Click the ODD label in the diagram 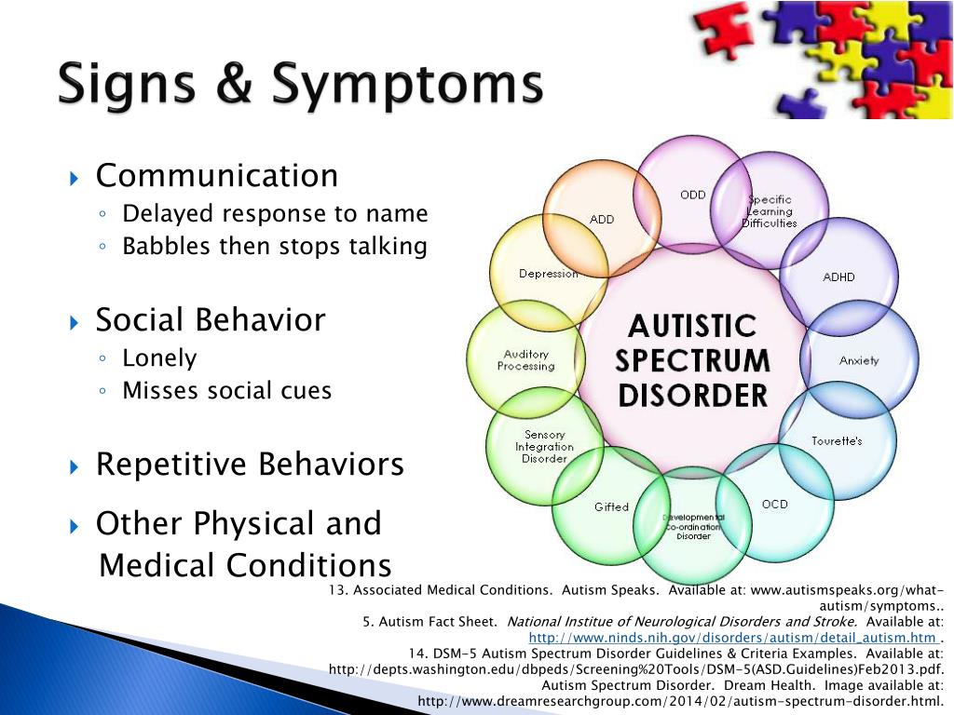pyautogui.click(x=693, y=196)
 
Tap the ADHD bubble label pyautogui.click(x=839, y=277)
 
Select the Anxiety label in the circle pyautogui.click(x=859, y=360)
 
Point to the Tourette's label pyautogui.click(x=837, y=440)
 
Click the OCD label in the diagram pyautogui.click(x=774, y=505)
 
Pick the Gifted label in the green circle pyautogui.click(x=611, y=507)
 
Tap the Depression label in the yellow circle pyautogui.click(x=549, y=275)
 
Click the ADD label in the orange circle pyautogui.click(x=602, y=220)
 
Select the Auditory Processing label pyautogui.click(x=526, y=360)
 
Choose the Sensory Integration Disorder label pyautogui.click(x=544, y=447)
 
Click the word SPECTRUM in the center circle pyautogui.click(x=692, y=360)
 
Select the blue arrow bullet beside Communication pyautogui.click(x=75, y=179)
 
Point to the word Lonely pyautogui.click(x=159, y=358)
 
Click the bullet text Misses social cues pyautogui.click(x=227, y=390)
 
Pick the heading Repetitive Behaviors pyautogui.click(x=250, y=464)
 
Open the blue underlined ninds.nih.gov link pyautogui.click(x=733, y=638)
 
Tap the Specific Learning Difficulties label pyautogui.click(x=770, y=211)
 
